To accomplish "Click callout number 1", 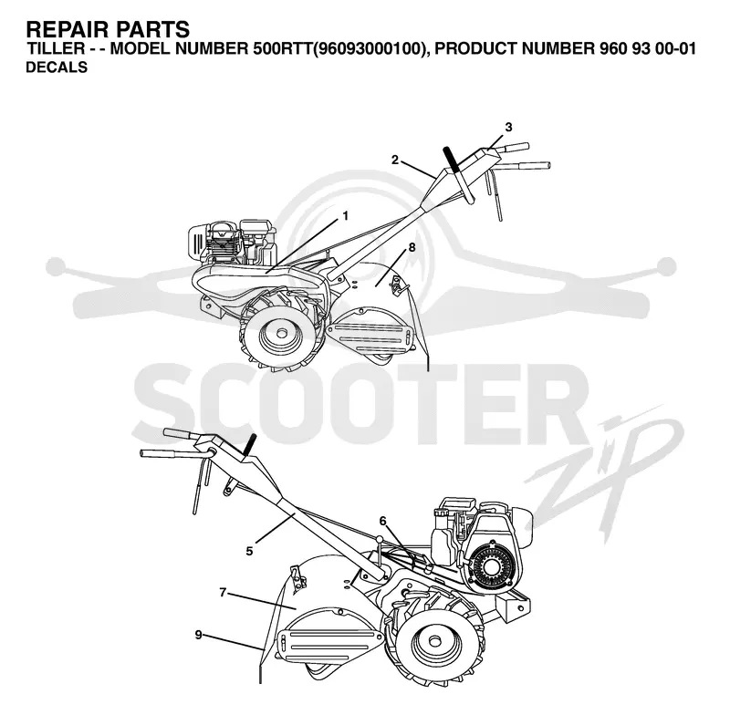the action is tap(345, 216).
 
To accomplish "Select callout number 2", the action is tap(395, 160).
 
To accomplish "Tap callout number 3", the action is tap(508, 127).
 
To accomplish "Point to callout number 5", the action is tap(249, 551).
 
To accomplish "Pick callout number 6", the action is tap(382, 521).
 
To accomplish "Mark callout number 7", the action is tap(223, 593).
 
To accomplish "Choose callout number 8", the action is tap(412, 247).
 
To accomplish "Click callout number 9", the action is tap(199, 635).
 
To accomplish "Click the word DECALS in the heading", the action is tap(57, 67).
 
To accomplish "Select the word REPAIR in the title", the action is tap(68, 29).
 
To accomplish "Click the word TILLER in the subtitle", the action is tap(56, 48).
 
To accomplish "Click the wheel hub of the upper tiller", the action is tap(281, 334).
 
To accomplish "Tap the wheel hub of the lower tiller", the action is tap(435, 641).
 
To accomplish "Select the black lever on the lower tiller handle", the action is tap(250, 445).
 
